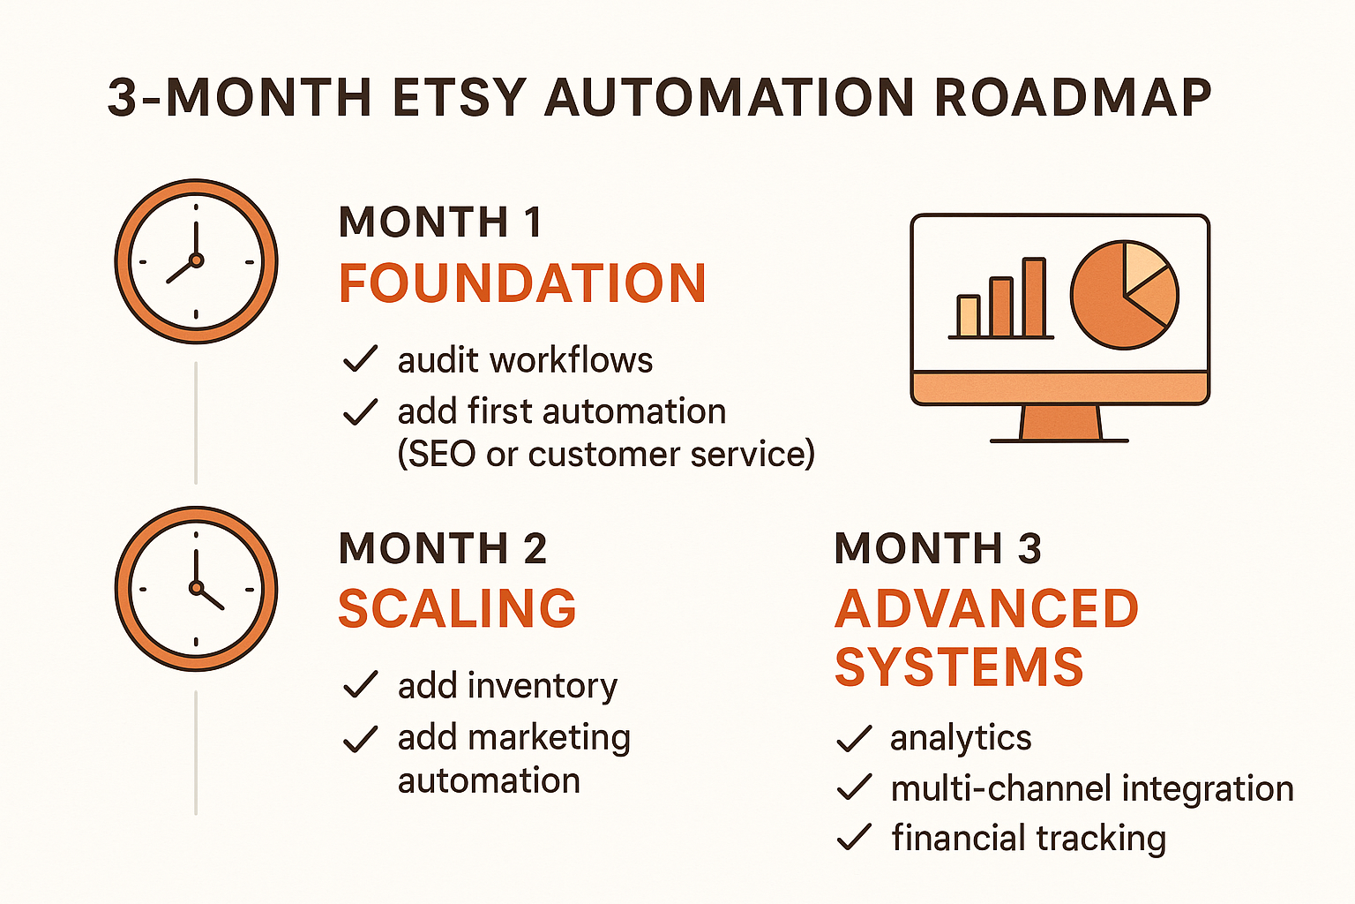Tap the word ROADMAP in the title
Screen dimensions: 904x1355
click(1073, 98)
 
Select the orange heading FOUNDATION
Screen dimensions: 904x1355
click(522, 283)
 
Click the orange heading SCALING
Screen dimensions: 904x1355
click(457, 609)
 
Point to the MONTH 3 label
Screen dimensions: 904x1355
click(938, 548)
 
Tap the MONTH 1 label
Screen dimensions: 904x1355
click(440, 222)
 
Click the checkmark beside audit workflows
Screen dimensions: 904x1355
click(360, 359)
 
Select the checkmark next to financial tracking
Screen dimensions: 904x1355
click(853, 837)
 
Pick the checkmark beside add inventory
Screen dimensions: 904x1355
click(360, 685)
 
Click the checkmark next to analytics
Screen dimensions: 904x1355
click(853, 738)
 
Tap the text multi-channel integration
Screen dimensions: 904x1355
click(1092, 788)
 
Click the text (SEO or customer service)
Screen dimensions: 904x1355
click(606, 454)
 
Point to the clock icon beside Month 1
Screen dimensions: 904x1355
click(196, 260)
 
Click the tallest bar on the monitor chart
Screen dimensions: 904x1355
click(1034, 298)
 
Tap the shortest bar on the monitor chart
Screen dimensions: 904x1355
click(969, 316)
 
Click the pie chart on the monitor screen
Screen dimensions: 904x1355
click(1125, 295)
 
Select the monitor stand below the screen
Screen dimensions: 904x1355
click(1060, 423)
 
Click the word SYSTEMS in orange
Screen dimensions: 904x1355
click(959, 667)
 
